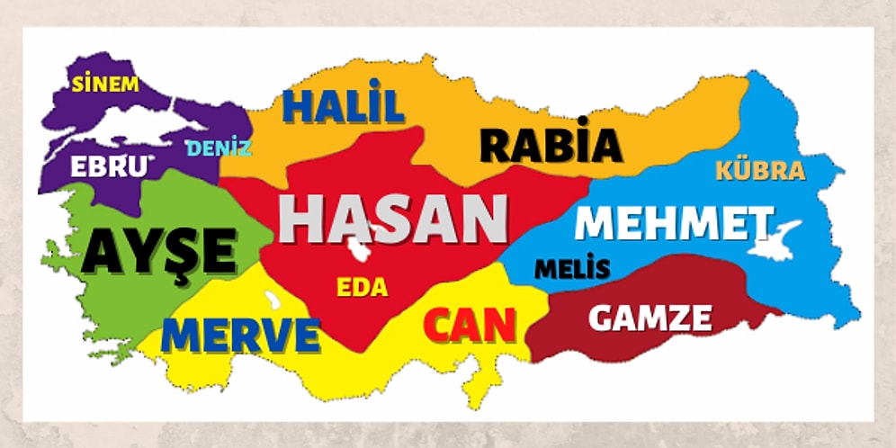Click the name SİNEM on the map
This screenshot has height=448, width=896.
(105, 85)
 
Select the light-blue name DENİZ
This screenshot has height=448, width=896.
(219, 148)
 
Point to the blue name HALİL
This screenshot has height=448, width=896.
(343, 106)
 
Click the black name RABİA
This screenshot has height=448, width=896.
(551, 145)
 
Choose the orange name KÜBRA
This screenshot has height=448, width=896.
(760, 171)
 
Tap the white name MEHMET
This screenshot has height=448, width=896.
(673, 222)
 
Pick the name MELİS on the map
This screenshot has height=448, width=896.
(572, 268)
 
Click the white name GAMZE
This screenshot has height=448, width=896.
(650, 317)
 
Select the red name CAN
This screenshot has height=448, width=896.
(470, 326)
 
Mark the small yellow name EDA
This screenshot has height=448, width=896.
(362, 288)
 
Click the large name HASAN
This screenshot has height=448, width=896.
(393, 219)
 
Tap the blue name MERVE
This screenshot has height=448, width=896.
(241, 335)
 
